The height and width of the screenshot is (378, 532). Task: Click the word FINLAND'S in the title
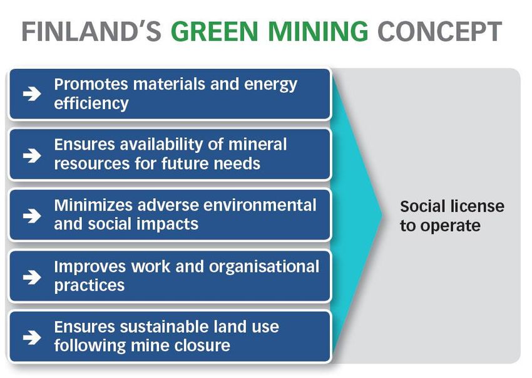pyautogui.click(x=91, y=31)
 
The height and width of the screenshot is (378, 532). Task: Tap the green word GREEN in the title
pyautogui.click(x=215, y=31)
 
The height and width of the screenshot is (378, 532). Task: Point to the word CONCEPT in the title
pyautogui.click(x=439, y=31)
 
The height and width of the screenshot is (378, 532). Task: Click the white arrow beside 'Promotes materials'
pyautogui.click(x=32, y=93)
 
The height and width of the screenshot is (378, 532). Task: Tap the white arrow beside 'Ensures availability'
pyautogui.click(x=32, y=155)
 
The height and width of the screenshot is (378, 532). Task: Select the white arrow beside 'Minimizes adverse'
pyautogui.click(x=32, y=216)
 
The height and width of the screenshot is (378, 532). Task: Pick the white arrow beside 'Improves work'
pyautogui.click(x=32, y=276)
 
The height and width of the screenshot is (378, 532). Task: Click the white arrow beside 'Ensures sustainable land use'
pyautogui.click(x=32, y=337)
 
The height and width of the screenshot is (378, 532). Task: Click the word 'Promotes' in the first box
pyautogui.click(x=91, y=84)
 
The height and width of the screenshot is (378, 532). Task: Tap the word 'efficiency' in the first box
pyautogui.click(x=91, y=103)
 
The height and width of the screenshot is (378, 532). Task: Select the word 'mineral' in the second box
pyautogui.click(x=257, y=144)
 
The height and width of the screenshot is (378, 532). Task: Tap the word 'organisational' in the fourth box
pyautogui.click(x=264, y=266)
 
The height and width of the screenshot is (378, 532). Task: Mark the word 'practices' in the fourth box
pyautogui.click(x=90, y=286)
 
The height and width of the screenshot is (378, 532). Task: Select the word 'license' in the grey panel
pyautogui.click(x=478, y=206)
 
